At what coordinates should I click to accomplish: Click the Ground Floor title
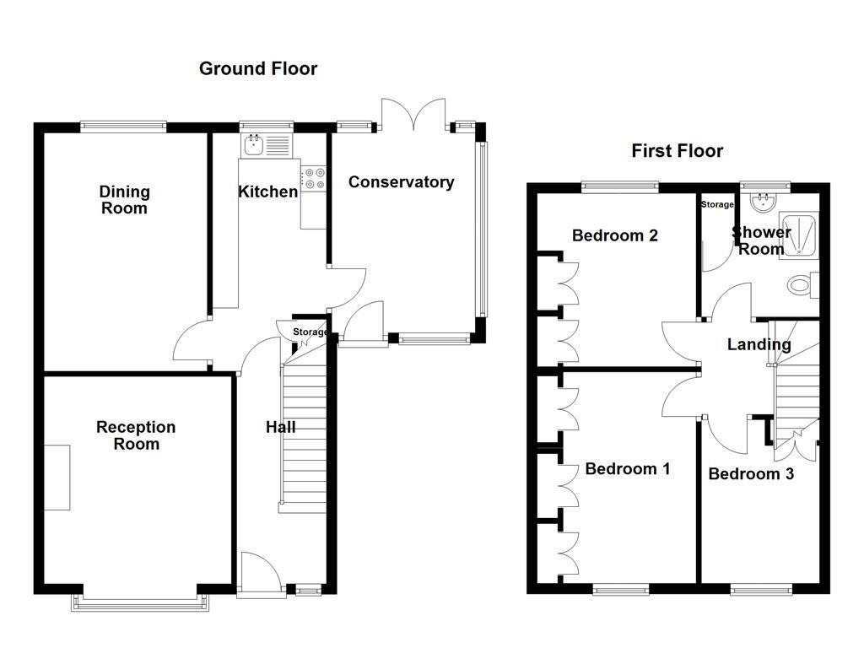[x=258, y=68]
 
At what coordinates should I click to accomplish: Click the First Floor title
[x=678, y=151]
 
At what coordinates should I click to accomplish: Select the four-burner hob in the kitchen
[x=315, y=177]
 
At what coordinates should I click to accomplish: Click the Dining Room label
[x=124, y=200]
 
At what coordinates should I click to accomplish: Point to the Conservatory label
[x=401, y=181]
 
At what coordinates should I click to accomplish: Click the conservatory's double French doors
[x=413, y=114]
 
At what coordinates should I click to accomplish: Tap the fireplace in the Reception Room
[x=57, y=477]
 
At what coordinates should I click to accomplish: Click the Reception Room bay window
[x=140, y=601]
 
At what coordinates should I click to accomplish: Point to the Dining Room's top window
[x=123, y=127]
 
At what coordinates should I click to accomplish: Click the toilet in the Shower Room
[x=800, y=285]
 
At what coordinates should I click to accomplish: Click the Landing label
[x=759, y=344]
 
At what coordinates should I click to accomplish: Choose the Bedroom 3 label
[x=751, y=474]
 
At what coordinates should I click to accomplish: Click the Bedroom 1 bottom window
[x=620, y=589]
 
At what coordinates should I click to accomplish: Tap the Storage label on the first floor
[x=717, y=204]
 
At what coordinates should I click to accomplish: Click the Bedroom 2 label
[x=614, y=235]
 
